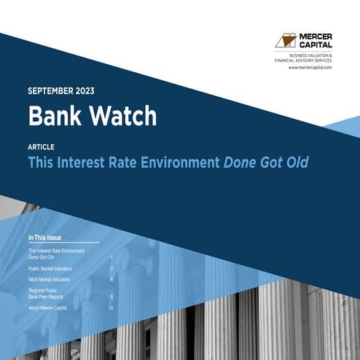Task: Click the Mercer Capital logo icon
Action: tap(286, 39)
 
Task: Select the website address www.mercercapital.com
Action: tap(310, 67)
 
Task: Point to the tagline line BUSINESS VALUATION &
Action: tap(310, 55)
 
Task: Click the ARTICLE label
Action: tap(41, 146)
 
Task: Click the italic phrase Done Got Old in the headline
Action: tap(267, 163)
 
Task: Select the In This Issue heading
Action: tap(50, 238)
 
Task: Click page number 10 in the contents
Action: tap(111, 308)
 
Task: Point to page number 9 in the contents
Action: tap(111, 297)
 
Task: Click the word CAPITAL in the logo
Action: tap(315, 44)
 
